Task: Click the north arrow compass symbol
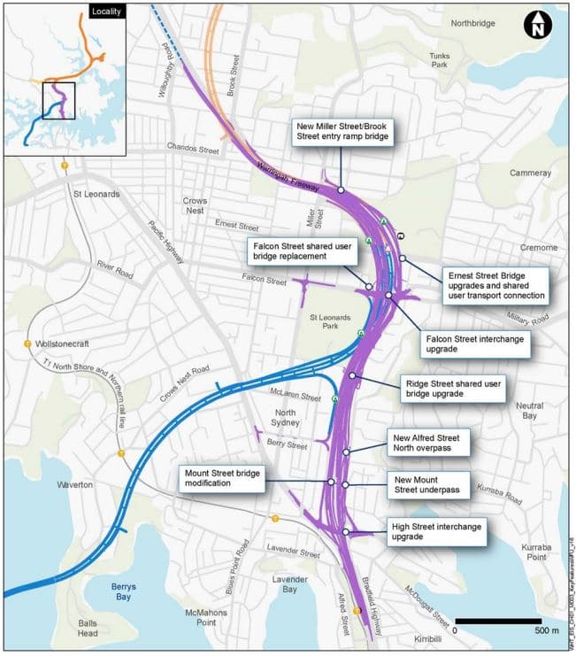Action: [536, 26]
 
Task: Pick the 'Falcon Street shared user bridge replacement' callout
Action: [303, 251]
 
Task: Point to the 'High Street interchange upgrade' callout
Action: [436, 531]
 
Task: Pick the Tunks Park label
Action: [440, 61]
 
